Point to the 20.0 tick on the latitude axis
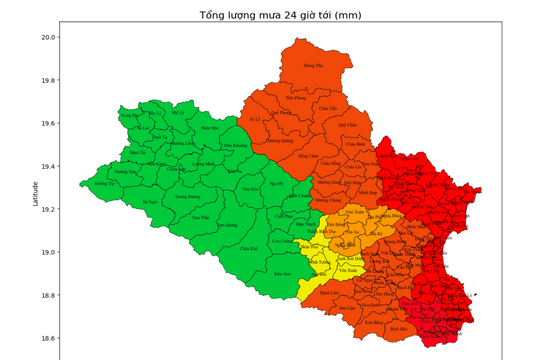49,37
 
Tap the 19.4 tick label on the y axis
49,166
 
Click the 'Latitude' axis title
36,194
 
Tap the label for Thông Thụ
314,65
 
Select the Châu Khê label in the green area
248,247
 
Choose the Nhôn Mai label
208,128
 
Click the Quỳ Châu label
347,125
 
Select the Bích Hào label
398,327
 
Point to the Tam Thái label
200,217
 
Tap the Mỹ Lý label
178,112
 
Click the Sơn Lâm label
347,308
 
